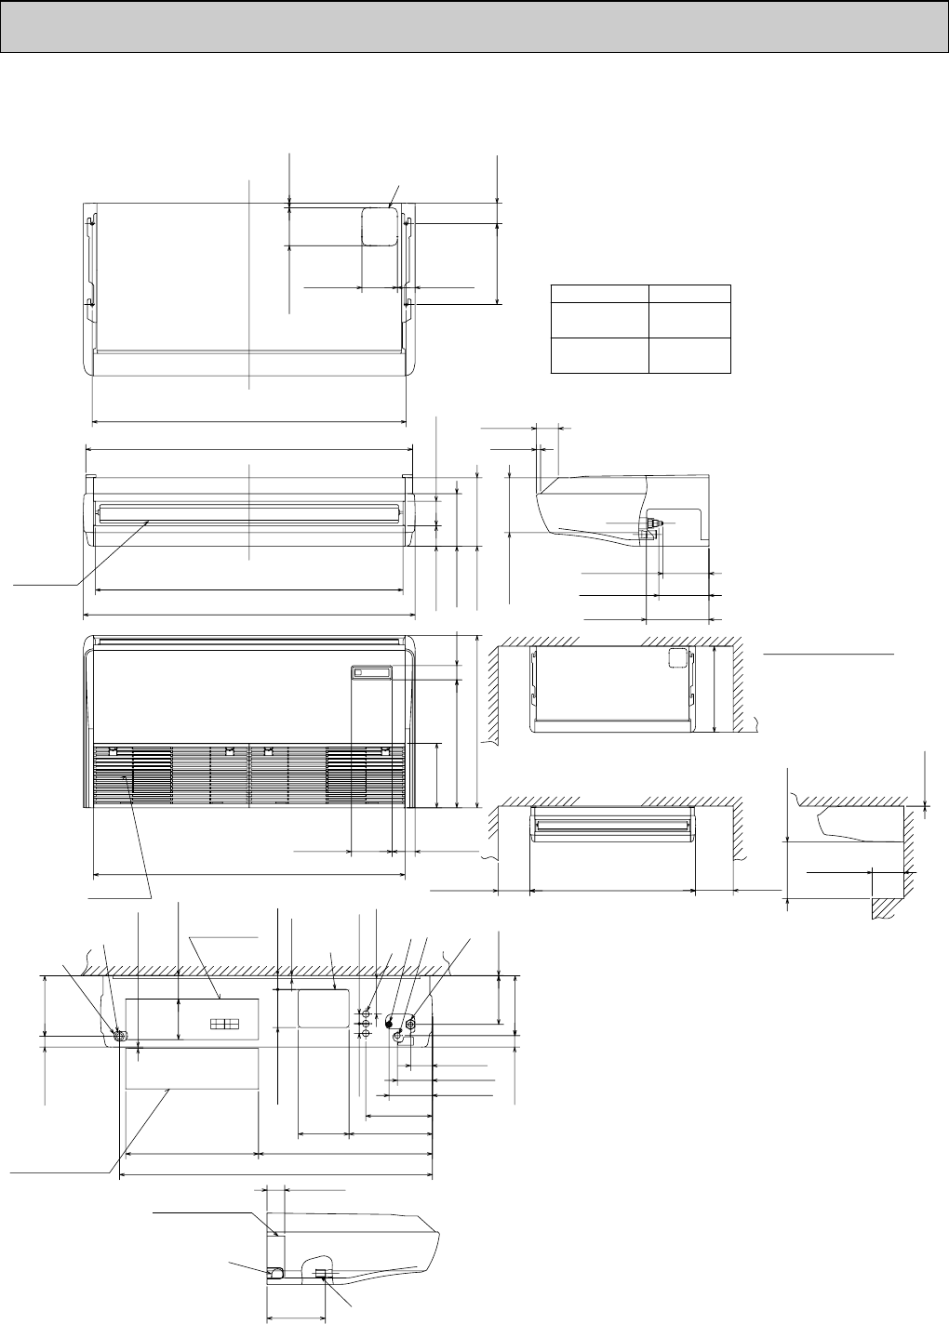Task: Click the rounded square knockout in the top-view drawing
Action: click(x=379, y=225)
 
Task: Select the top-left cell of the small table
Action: click(x=599, y=294)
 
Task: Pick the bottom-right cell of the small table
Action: click(x=688, y=356)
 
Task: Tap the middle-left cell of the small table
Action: click(x=599, y=321)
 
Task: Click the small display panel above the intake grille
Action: click(x=371, y=672)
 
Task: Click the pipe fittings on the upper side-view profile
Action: click(x=653, y=525)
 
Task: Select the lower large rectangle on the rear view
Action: click(x=191, y=1068)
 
